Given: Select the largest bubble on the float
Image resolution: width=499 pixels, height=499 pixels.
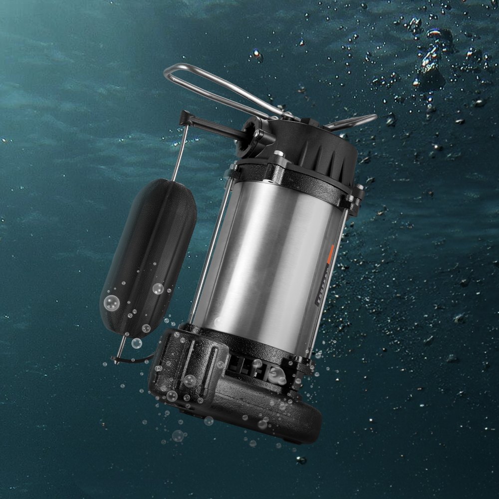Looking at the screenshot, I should [x=111, y=302].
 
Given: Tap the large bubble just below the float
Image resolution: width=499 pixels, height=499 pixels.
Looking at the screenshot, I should [x=136, y=343].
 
